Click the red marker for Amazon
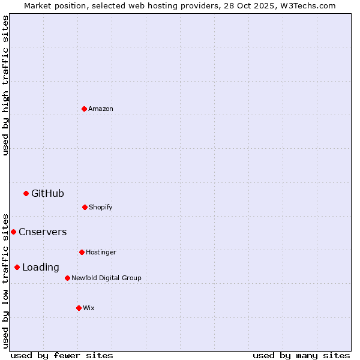pos(84,109)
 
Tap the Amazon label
pos(101,109)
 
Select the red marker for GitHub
pos(26,193)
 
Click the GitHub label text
pos(47,193)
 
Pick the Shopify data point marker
pos(85,207)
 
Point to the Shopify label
pos(101,207)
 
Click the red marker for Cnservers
pos(13,232)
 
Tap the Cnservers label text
pos(43,232)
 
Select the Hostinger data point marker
pos(82,252)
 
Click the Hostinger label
pos(101,252)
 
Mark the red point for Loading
pos(17,267)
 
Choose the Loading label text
pos(41,267)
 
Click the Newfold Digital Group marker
pos(67,278)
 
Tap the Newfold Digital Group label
pos(106,278)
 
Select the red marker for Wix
pos(79,308)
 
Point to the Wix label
pos(89,308)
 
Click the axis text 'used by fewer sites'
pos(62,355)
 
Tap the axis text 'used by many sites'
pos(301,355)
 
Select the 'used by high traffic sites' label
pos(5,85)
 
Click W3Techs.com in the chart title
pos(306,5)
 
